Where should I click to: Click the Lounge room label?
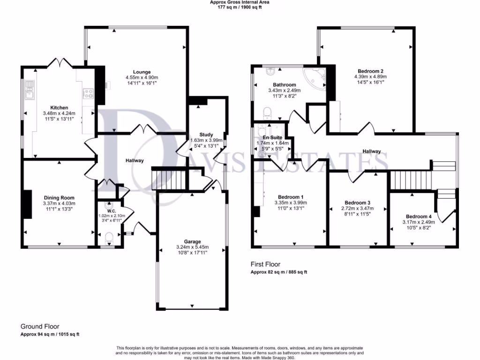click(142, 72)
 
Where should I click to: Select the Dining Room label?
click(60, 197)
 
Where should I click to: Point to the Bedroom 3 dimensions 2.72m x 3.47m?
click(358, 210)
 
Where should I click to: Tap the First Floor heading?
click(265, 265)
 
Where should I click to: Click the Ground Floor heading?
click(40, 326)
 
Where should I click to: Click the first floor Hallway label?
click(371, 151)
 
